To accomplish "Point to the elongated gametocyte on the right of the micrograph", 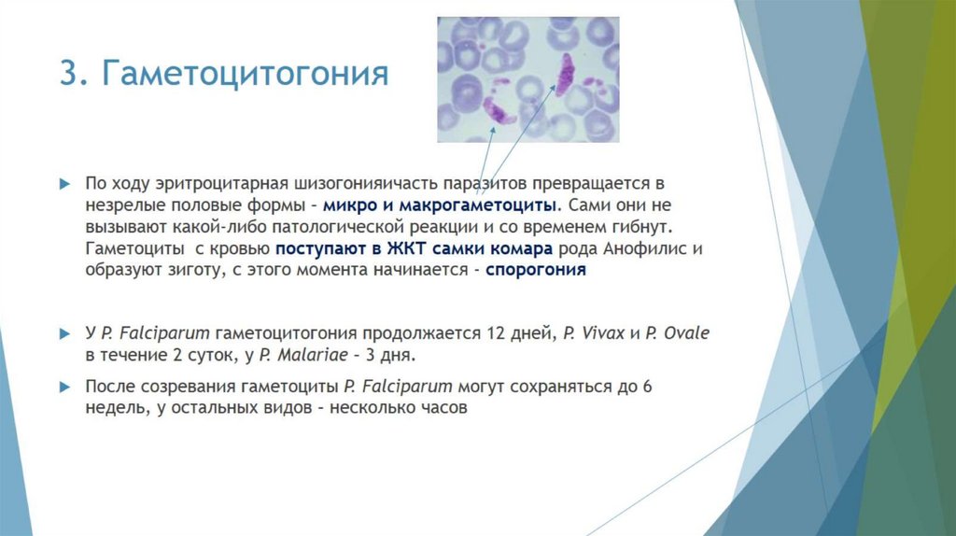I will pyautogui.click(x=564, y=74).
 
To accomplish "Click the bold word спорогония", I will pyautogui.click(x=536, y=271).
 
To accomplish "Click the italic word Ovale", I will pyautogui.click(x=689, y=333).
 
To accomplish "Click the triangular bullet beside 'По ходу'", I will pyautogui.click(x=64, y=182).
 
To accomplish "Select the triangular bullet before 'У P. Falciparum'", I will pyautogui.click(x=64, y=333).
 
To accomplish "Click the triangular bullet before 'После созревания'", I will pyautogui.click(x=64, y=387).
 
